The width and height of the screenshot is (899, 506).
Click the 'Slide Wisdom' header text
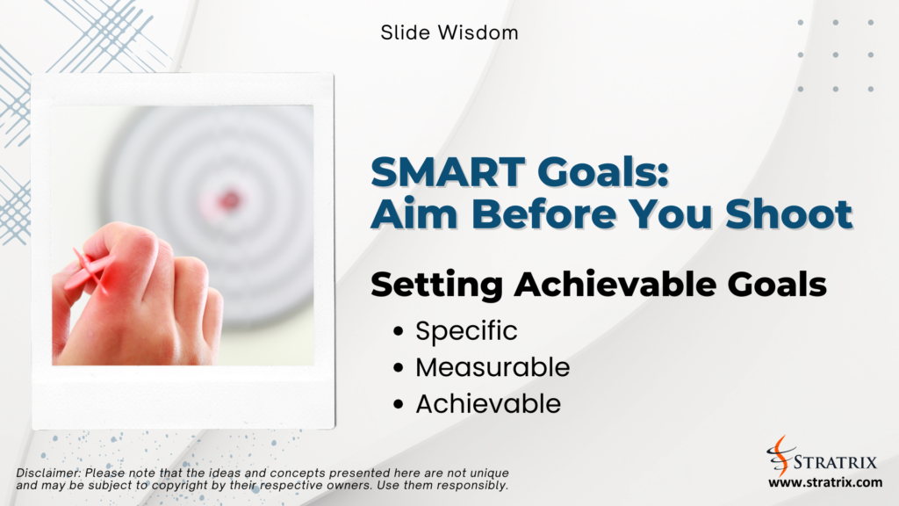pyautogui.click(x=449, y=33)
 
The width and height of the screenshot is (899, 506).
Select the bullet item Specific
pyautogui.click(x=466, y=331)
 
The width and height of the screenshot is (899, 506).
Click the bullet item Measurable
pyautogui.click(x=492, y=367)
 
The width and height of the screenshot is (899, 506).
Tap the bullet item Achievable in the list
pyautogui.click(x=487, y=403)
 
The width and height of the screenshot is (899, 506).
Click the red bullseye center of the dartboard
pyautogui.click(x=230, y=198)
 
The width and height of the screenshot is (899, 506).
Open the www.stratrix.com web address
pyautogui.click(x=824, y=482)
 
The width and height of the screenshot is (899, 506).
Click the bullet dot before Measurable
pyautogui.click(x=399, y=368)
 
